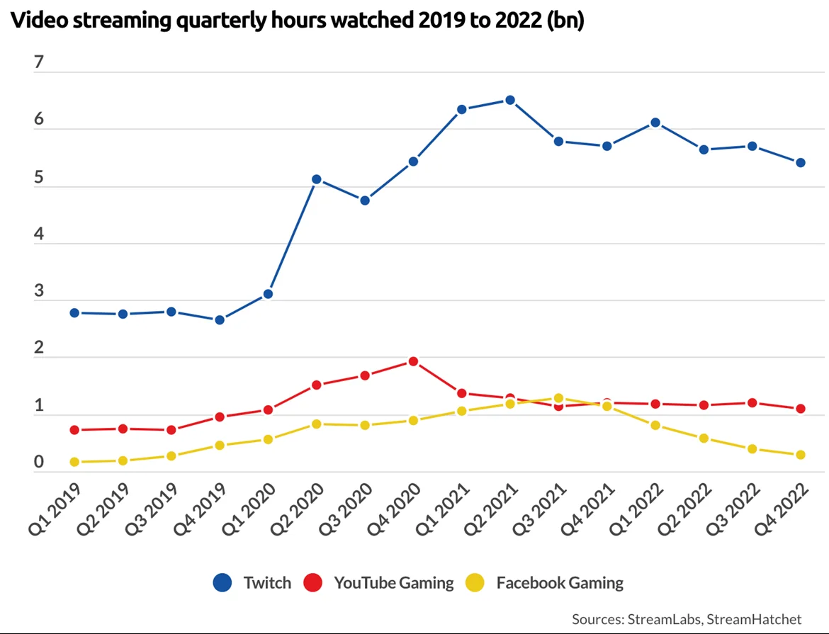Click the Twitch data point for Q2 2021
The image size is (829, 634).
[509, 100]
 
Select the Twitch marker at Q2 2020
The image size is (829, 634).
[317, 179]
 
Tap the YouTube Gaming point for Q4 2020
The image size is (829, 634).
[413, 361]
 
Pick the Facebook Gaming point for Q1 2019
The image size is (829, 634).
[74, 462]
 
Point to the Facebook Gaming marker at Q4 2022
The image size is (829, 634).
[800, 455]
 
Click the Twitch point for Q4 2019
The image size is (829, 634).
[220, 319]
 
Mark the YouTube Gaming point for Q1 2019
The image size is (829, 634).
[74, 430]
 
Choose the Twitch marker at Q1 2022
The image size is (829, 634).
[655, 123]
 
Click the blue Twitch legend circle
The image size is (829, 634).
[222, 583]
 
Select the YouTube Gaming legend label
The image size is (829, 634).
[393, 583]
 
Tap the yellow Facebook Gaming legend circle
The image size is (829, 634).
[475, 583]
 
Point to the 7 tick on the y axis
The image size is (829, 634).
[39, 62]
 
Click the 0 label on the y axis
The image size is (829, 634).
[39, 462]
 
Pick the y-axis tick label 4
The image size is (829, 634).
[39, 234]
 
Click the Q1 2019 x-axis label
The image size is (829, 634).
[55, 509]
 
